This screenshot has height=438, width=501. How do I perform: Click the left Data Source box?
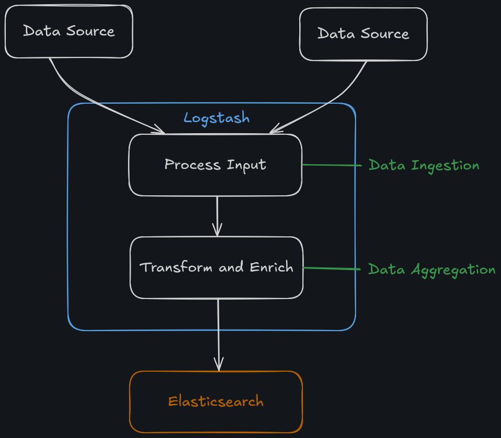[68, 32]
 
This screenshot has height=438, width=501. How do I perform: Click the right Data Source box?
[363, 34]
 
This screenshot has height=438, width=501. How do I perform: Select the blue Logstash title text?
[217, 118]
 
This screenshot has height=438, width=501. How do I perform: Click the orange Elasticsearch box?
[215, 402]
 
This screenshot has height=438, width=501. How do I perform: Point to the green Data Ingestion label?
[424, 165]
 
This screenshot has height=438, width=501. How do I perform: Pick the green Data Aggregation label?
[431, 270]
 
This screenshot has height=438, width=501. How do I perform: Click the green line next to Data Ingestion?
[332, 165]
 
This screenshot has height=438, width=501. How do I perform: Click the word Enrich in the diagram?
[271, 267]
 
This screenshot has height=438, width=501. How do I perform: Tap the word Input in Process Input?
[247, 165]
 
